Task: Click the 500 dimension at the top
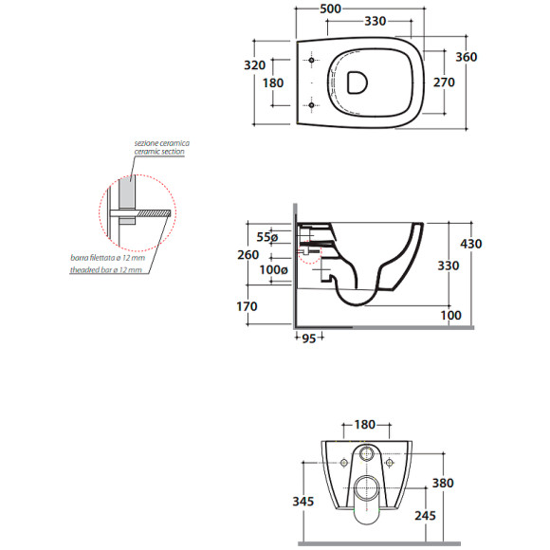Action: click(330, 9)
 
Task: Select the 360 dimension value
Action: click(467, 57)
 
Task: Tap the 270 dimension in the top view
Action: click(444, 82)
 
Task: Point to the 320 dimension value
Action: click(255, 64)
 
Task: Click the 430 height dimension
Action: click(471, 244)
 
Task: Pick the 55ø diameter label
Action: click(267, 237)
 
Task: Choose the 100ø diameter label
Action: click(274, 269)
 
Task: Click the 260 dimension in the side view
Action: click(248, 255)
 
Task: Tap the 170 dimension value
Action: click(247, 306)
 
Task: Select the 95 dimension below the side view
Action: click(309, 339)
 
